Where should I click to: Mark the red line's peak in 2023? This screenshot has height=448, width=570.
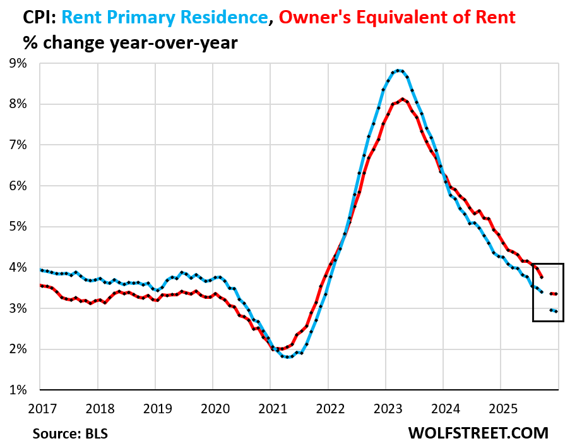pyautogui.click(x=403, y=99)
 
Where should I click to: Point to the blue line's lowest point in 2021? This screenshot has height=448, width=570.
pyautogui.click(x=287, y=357)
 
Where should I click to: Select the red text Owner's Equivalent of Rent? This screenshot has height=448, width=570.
pyautogui.click(x=397, y=17)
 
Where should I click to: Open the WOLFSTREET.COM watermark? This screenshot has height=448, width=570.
pyautogui.click(x=478, y=433)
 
